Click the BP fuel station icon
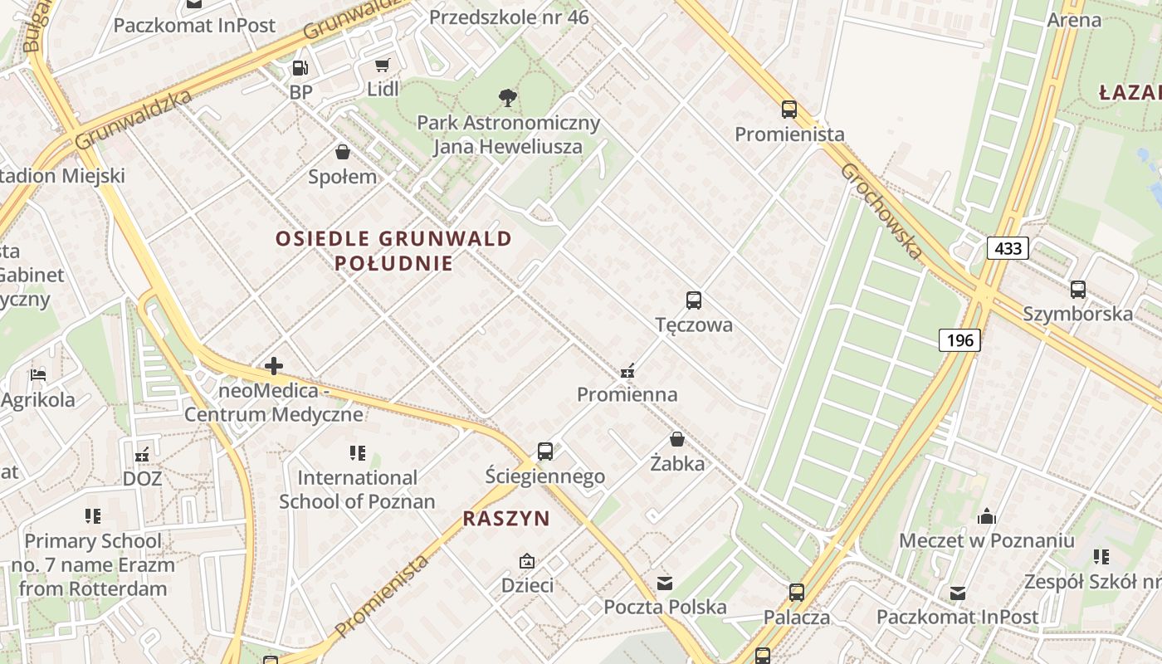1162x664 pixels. click(x=300, y=68)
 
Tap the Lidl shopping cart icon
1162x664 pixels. click(x=382, y=66)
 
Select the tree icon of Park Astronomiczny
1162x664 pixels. click(x=507, y=99)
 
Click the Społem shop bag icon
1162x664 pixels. click(x=342, y=152)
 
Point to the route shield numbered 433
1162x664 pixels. click(x=1008, y=247)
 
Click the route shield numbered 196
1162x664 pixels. click(x=960, y=339)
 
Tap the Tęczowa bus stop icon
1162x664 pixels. click(x=694, y=300)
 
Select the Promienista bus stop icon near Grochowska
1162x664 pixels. click(x=789, y=110)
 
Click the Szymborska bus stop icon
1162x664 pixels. click(x=1077, y=290)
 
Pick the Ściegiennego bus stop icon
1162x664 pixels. click(x=544, y=452)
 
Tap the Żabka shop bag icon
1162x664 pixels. click(x=677, y=439)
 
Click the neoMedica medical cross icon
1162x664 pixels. click(x=274, y=366)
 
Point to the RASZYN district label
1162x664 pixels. click(x=506, y=519)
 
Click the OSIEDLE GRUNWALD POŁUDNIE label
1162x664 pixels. click(x=394, y=251)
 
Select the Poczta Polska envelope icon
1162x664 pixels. click(x=665, y=583)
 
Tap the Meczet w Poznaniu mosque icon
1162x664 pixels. click(x=987, y=516)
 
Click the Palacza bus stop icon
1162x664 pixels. click(x=797, y=593)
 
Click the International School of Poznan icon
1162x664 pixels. click(x=358, y=453)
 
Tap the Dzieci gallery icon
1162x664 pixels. click(x=527, y=562)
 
